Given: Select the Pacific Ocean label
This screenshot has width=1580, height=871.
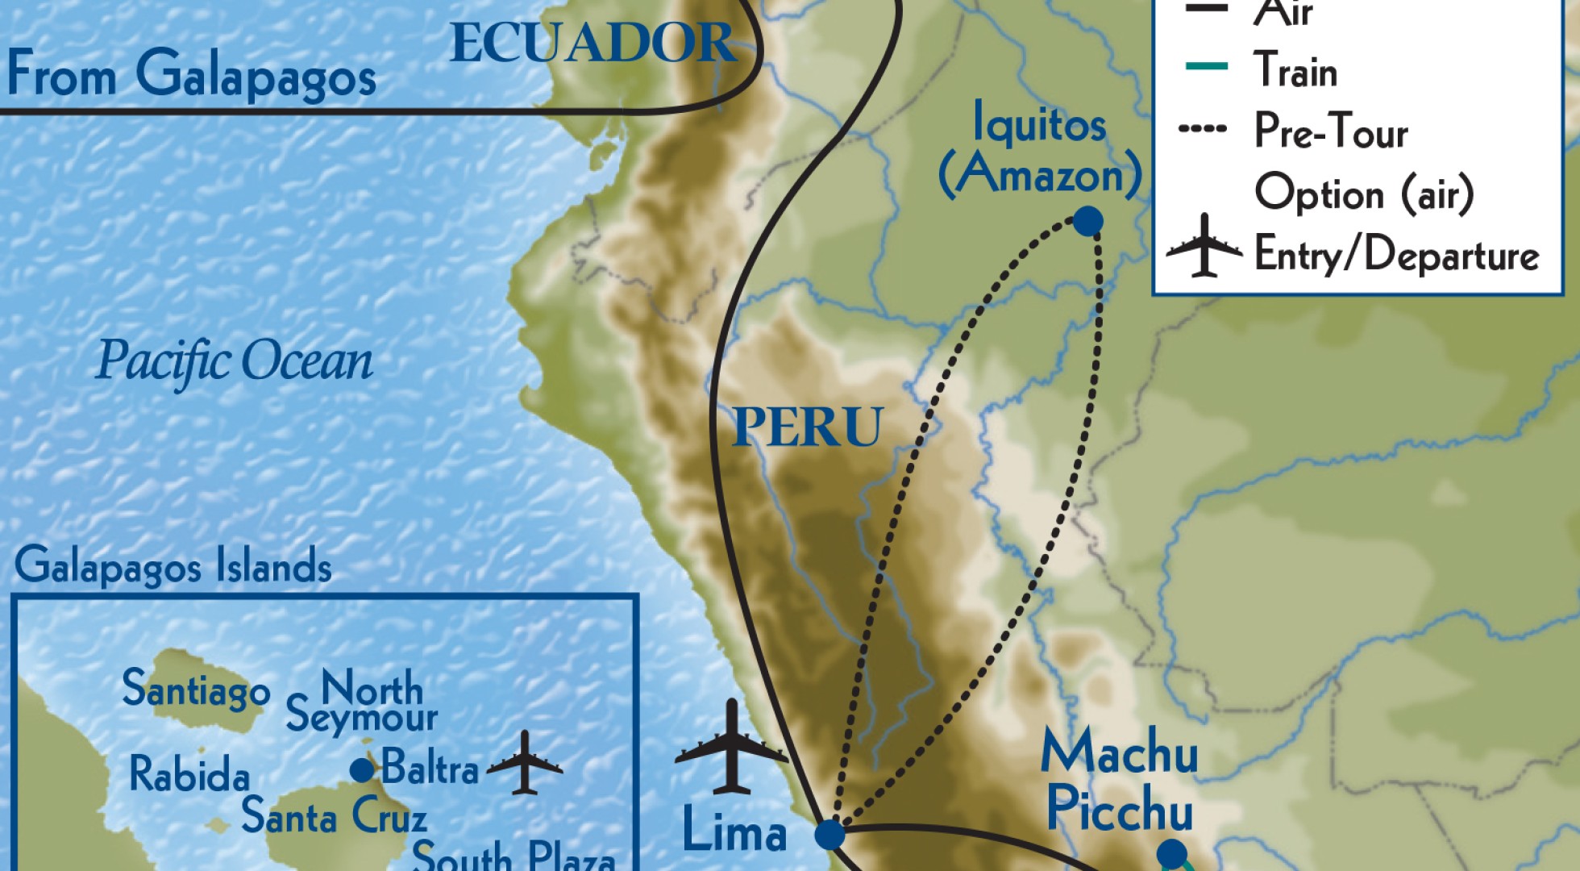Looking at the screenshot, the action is pyautogui.click(x=235, y=360).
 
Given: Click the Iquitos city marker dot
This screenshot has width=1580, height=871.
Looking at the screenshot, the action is pyautogui.click(x=1087, y=221).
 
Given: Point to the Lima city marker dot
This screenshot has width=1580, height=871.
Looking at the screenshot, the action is pyautogui.click(x=829, y=835).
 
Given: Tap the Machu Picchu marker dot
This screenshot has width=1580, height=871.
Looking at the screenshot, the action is pyautogui.click(x=1171, y=853).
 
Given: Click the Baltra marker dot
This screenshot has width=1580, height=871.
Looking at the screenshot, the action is pyautogui.click(x=362, y=770).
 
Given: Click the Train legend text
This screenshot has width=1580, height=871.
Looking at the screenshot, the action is pyautogui.click(x=1295, y=70).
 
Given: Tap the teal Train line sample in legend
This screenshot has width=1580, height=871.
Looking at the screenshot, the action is pyautogui.click(x=1207, y=66).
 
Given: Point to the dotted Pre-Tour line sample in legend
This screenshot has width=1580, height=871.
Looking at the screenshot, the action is pyautogui.click(x=1203, y=128).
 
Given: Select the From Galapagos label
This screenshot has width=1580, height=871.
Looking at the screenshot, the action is pyautogui.click(x=192, y=75).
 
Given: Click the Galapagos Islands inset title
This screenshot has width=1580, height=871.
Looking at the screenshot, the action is pyautogui.click(x=173, y=565).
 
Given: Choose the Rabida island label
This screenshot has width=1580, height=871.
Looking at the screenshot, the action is pyautogui.click(x=189, y=774).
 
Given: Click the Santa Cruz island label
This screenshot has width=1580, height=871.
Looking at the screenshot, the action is pyautogui.click(x=334, y=816).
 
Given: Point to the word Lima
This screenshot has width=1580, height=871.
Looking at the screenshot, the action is pyautogui.click(x=734, y=831).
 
